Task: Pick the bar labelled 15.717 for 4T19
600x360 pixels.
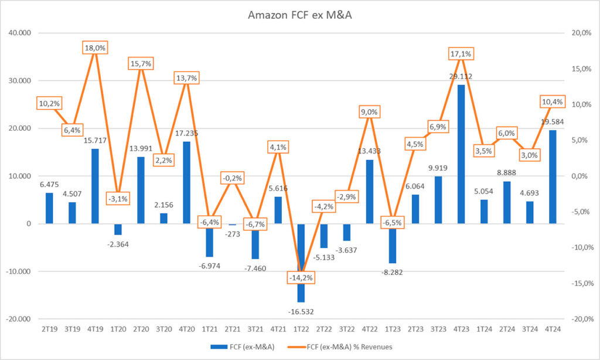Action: tap(95, 186)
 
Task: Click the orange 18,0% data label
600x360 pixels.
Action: tap(95, 48)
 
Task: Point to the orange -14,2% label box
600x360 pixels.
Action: tap(301, 277)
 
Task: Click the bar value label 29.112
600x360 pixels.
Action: tap(462, 76)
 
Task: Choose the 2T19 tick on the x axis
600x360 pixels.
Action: tap(49, 330)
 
